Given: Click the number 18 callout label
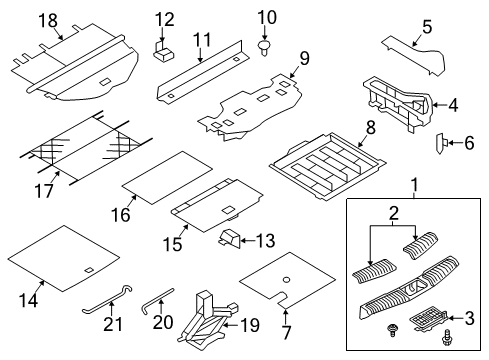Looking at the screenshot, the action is (49, 21).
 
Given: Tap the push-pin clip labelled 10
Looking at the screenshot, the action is (264, 48).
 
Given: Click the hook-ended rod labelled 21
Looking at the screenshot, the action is (107, 300).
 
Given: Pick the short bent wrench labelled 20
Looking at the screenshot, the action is (158, 301).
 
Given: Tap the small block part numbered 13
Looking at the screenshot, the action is (229, 238).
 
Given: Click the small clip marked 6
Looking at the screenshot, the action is (441, 143).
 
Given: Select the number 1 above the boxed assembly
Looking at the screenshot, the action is (415, 185).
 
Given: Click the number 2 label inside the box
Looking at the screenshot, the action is (393, 214).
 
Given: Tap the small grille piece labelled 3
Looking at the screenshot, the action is (429, 320).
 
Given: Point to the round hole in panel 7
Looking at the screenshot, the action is (286, 280).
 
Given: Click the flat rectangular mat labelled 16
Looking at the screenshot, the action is (167, 178).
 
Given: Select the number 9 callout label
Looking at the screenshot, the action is (304, 59).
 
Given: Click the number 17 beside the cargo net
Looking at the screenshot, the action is (44, 191).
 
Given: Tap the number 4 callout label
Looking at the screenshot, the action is (453, 106).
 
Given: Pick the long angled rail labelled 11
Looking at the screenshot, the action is (203, 70).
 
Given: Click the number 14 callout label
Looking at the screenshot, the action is (28, 300).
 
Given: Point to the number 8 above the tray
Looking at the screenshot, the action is (370, 128).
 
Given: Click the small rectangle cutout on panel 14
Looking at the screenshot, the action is (89, 270).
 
